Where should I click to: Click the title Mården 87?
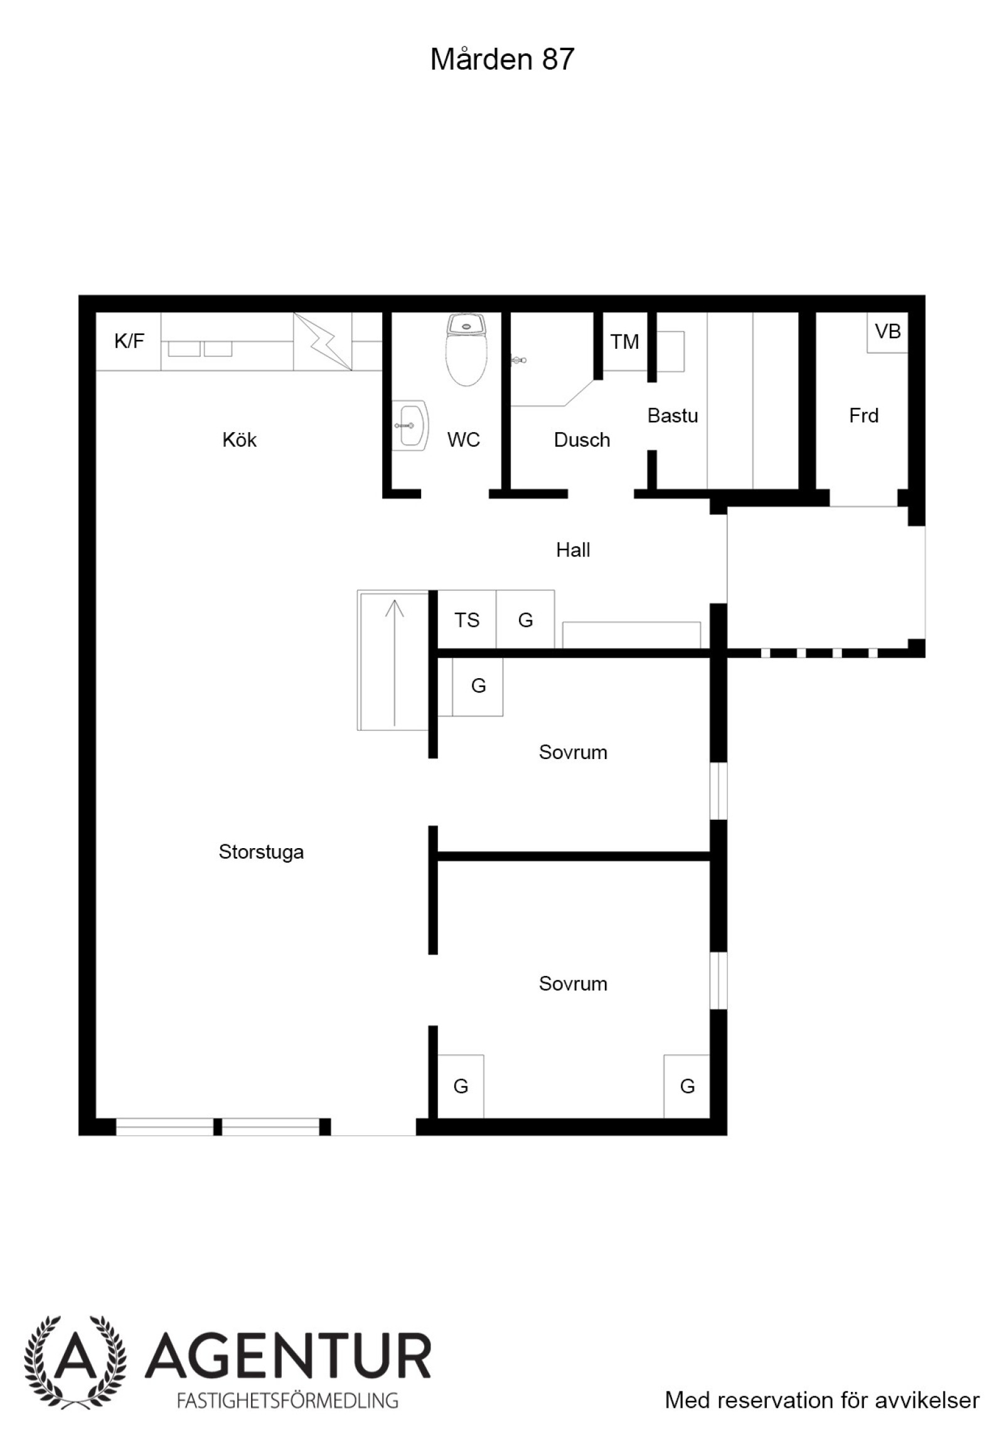(502, 59)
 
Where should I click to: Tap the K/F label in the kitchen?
(129, 341)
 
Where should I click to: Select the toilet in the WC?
(466, 349)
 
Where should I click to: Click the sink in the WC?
(410, 426)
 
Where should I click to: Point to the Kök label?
(240, 440)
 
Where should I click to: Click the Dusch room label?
(582, 440)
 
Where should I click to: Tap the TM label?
(624, 342)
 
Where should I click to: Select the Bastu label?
(673, 415)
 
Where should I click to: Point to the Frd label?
(863, 415)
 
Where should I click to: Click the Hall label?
(573, 550)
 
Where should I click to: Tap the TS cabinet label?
(467, 620)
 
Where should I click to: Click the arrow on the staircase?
(394, 663)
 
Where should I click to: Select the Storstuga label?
(261, 852)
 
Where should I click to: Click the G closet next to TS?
(525, 620)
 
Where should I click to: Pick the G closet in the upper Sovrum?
(478, 686)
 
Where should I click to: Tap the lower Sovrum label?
(573, 984)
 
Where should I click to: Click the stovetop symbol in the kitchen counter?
(322, 342)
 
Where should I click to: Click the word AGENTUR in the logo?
(289, 1357)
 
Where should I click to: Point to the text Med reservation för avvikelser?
(822, 1400)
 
